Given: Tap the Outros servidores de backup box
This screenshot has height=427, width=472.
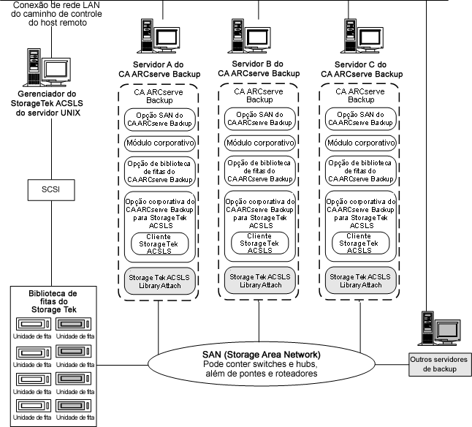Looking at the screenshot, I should coord(438,363).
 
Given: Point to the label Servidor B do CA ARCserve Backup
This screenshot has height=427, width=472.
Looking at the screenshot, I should coord(259,69).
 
